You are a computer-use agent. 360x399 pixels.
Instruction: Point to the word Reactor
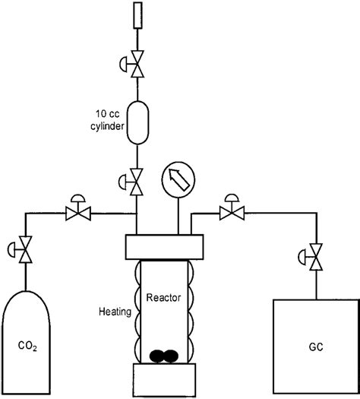click(x=165, y=298)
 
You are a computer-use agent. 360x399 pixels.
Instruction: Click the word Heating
click(x=115, y=311)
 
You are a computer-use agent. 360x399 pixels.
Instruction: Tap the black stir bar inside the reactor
click(x=165, y=355)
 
